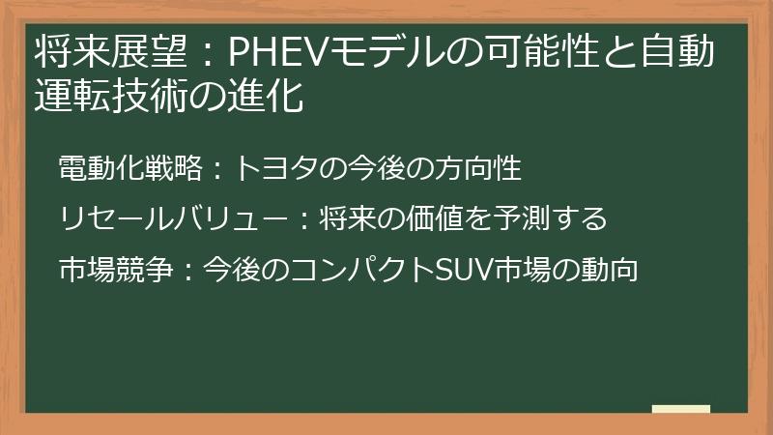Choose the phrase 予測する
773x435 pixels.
(555, 219)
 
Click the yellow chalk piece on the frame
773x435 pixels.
(680, 409)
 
